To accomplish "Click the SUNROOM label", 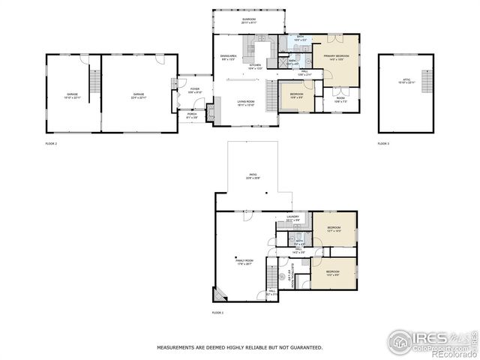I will (x=249, y=21).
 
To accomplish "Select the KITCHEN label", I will (x=255, y=65).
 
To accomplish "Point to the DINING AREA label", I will (x=228, y=56).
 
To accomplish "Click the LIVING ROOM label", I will (x=248, y=103).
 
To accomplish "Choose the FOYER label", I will (x=193, y=89).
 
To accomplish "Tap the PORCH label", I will (x=191, y=115).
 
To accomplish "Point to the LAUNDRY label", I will (x=292, y=217).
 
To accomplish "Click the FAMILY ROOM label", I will (x=244, y=260).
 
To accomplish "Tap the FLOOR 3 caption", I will (x=383, y=143).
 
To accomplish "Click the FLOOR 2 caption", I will (x=51, y=143).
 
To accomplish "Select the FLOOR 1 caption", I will (x=217, y=312).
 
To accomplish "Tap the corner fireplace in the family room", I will (x=220, y=295).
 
